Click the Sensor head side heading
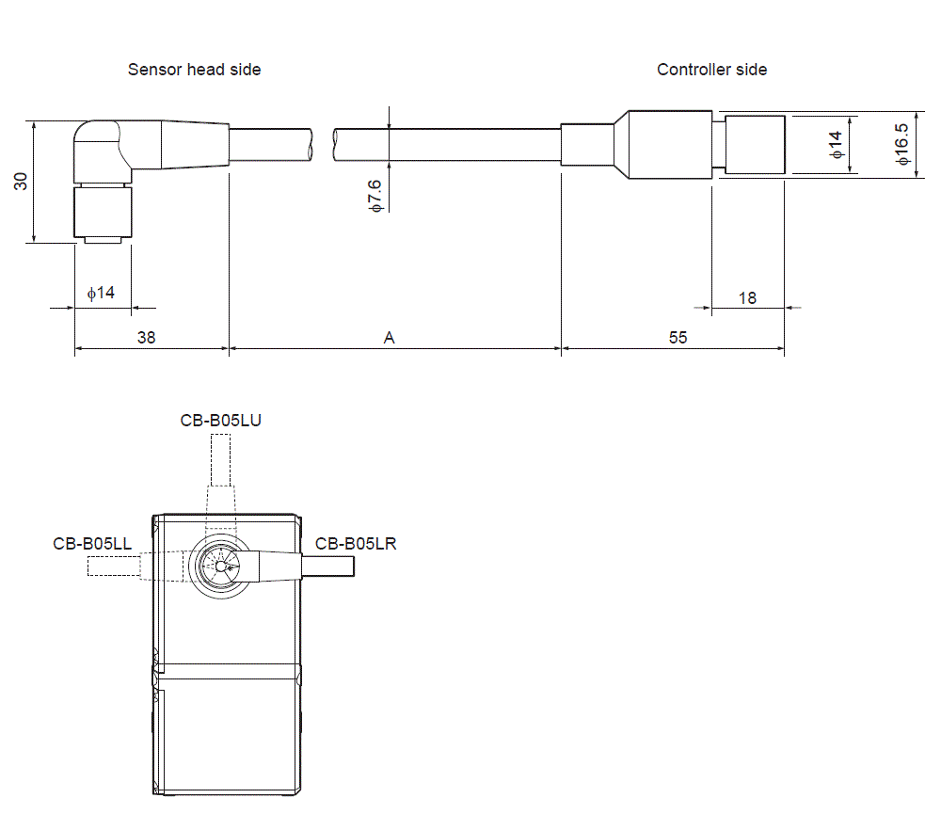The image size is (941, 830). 195,70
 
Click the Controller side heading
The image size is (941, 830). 711,70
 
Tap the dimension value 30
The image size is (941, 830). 21,182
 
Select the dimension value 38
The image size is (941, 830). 147,337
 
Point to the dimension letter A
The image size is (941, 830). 389,338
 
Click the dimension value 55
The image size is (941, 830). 678,337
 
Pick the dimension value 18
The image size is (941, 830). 747,297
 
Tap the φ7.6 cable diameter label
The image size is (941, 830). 375,196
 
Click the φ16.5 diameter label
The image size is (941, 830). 902,144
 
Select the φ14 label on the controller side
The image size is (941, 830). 836,145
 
